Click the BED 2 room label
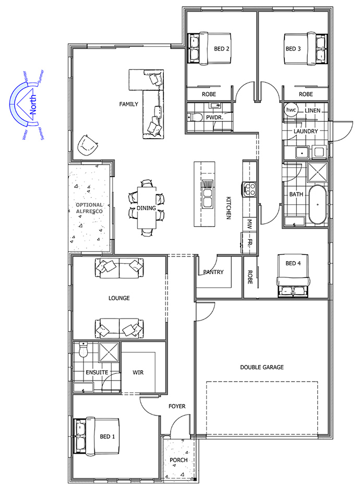[221, 48]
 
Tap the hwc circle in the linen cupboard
[291, 110]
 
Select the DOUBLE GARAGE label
[261, 367]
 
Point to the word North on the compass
[32, 105]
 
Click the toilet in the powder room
[194, 117]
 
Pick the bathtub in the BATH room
[317, 205]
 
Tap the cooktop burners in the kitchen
[250, 189]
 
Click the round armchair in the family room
[87, 145]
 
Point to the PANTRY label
[213, 272]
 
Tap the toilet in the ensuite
[83, 350]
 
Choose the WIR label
[138, 373]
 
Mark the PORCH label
[178, 460]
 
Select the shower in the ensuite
[109, 352]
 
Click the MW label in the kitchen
[249, 224]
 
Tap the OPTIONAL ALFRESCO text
[89, 208]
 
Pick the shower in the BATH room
[317, 172]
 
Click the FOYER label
[177, 407]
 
